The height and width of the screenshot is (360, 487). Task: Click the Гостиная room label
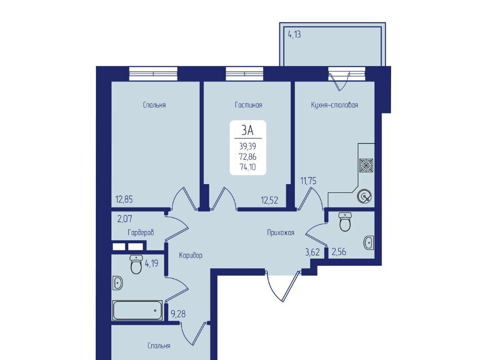coord(249,105)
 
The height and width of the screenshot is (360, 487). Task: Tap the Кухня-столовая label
coord(334,105)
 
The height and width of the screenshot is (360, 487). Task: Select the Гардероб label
coord(141,232)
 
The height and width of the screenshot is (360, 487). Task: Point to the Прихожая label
coord(281,232)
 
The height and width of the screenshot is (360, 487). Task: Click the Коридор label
coord(191,255)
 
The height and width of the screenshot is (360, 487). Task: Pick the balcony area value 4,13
coord(294,34)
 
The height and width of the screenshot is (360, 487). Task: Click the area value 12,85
coord(124,199)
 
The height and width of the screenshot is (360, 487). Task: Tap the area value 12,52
coord(269,200)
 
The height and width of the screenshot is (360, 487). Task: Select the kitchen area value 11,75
coord(308,181)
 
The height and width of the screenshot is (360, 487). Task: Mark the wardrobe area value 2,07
coord(125,219)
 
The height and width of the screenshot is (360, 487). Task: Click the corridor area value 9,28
coord(179,314)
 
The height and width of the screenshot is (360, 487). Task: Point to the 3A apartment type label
coord(248,130)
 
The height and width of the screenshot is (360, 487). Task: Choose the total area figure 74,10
coord(248,167)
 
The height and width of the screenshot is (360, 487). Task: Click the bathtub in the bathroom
coord(137,310)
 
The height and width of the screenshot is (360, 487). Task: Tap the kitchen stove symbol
coord(366,165)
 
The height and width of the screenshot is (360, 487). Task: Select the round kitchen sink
coord(364,196)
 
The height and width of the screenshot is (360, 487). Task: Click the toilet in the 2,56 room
coord(345,222)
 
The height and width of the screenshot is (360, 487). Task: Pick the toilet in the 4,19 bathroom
coord(136,264)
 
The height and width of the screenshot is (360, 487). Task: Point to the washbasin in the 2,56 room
coord(369,242)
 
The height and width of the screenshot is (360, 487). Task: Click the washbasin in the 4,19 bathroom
coord(117,283)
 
